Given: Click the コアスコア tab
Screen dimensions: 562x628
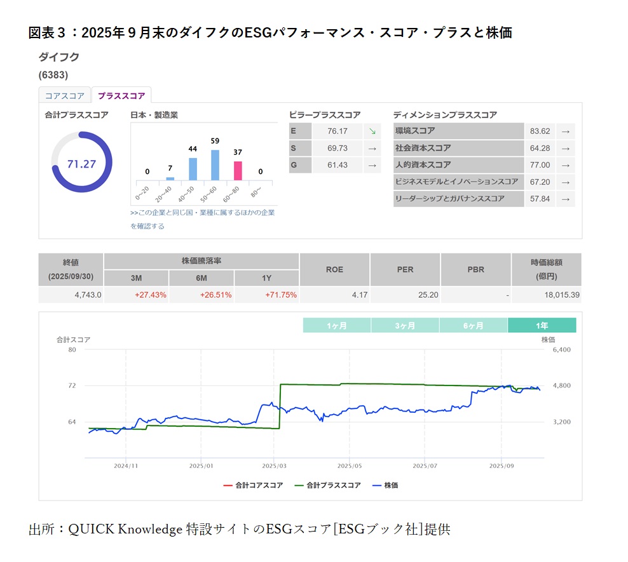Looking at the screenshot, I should (x=64, y=96).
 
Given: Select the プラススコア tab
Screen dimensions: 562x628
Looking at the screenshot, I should (x=121, y=96).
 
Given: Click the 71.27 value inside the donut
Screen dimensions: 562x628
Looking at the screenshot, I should (x=81, y=164).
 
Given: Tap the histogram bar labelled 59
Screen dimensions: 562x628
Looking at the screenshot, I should (x=215, y=165).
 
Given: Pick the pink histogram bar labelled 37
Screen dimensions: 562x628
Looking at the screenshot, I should (x=238, y=171).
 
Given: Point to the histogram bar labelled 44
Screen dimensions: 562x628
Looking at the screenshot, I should (x=193, y=169).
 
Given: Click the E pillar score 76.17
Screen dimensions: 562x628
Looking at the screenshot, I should (x=337, y=131).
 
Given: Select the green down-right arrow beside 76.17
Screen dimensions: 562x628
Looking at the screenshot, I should (x=372, y=131).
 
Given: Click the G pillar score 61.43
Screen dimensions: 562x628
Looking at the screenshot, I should (x=337, y=165).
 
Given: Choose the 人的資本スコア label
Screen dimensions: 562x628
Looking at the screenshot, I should (x=423, y=165).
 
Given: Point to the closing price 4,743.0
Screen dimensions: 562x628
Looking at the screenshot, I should (x=88, y=295).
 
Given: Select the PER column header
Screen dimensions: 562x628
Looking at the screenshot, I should (x=405, y=269).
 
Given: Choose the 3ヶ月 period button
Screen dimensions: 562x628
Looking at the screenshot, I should (x=405, y=326).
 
